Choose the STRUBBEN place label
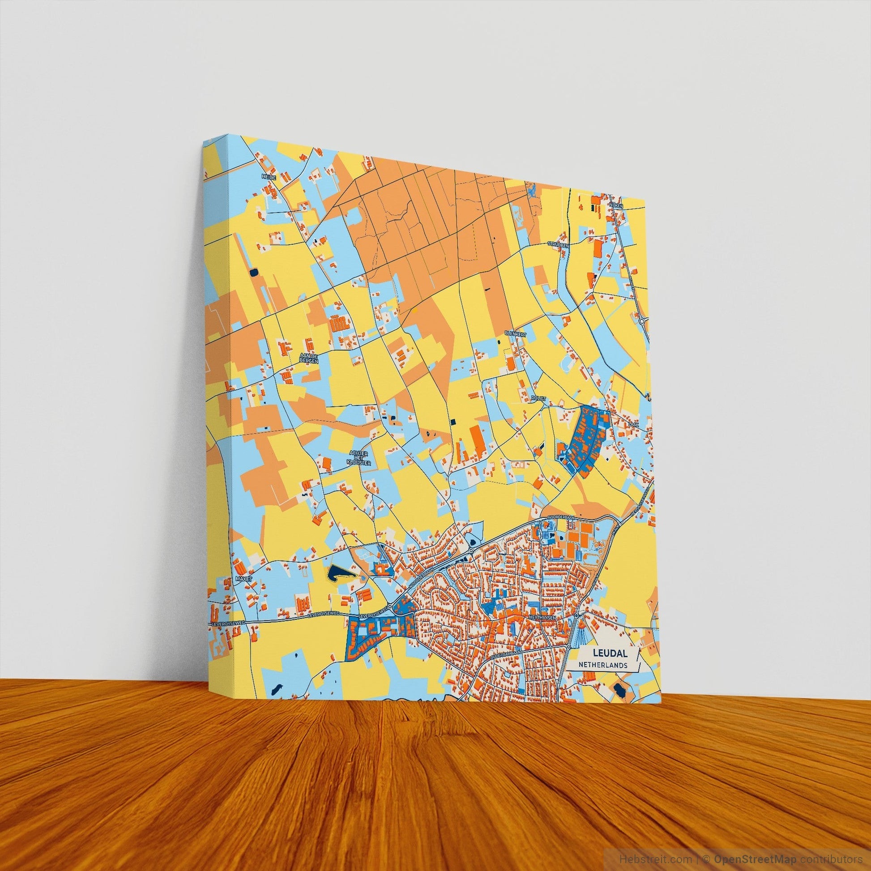559,244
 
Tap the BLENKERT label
516,333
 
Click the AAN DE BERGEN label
309,359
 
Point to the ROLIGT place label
538,398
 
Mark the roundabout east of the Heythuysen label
576,615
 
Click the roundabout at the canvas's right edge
641,321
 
